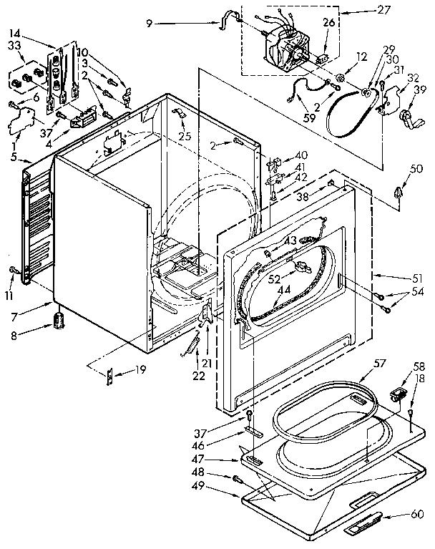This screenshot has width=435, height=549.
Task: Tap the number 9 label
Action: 150,23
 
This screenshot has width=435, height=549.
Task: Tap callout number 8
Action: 13,334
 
